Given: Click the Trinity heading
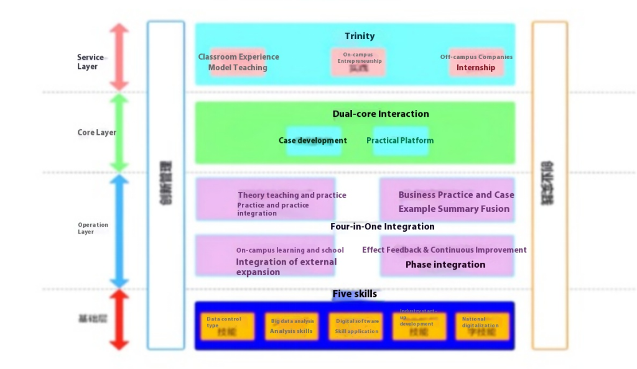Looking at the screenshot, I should point(360,36).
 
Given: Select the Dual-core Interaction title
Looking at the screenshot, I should point(381,114).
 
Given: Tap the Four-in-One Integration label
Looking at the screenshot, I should point(382,227).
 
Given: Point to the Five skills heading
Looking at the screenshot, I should point(355,294).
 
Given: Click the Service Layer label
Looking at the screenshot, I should point(90,61).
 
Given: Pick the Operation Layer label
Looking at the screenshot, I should point(93,228).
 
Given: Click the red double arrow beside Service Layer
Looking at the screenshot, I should point(119,57).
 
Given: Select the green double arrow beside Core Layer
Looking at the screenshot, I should point(119,132).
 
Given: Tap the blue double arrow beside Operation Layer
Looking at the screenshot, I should point(119,230).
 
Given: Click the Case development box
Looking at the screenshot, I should point(313,140).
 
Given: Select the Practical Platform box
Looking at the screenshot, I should point(400,140).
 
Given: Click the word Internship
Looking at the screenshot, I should point(476,68).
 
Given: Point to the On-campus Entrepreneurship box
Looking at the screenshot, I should point(359,61).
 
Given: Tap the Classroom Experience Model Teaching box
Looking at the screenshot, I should point(238,62).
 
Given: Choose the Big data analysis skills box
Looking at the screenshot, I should point(292,327).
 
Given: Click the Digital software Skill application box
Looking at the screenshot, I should point(356,327).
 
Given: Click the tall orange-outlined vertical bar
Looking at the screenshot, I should point(549,185).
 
